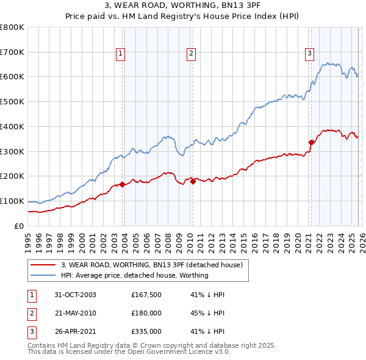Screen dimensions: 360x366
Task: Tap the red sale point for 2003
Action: [123, 184]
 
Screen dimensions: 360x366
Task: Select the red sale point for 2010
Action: [193, 181]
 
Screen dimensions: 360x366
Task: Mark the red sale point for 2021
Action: [311, 142]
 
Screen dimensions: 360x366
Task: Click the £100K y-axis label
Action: [12, 201]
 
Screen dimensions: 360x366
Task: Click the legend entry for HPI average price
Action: [135, 275]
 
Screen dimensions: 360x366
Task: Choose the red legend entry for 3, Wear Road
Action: [152, 265]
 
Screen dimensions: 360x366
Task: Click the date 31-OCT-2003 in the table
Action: [74, 295]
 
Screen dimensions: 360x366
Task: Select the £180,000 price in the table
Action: [146, 313]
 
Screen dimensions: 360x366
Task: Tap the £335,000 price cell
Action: [146, 331]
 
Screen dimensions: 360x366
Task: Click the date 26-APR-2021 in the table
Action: [74, 331]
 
